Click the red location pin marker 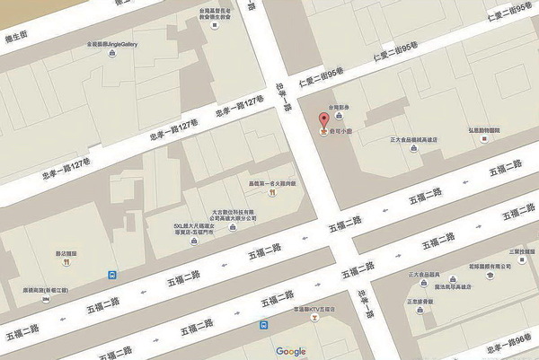coord(324,120)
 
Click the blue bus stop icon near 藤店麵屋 coord(110,275)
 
